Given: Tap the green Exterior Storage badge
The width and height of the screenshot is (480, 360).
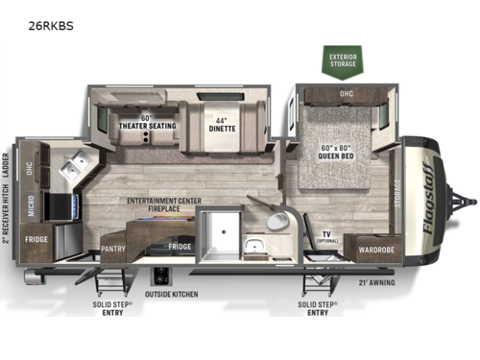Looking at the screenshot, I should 344,62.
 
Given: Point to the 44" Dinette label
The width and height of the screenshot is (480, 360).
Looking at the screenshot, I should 222,123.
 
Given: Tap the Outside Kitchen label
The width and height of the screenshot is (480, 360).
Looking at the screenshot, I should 172,294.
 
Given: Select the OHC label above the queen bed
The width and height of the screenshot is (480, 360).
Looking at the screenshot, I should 344,95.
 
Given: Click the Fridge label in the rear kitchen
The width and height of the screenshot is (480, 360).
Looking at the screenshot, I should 36,239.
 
